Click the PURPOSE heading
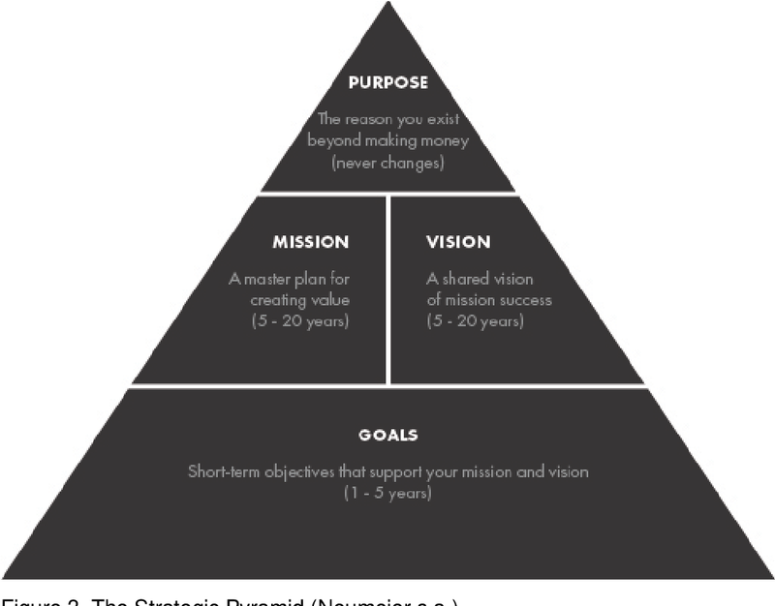[387, 83]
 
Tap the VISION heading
[458, 242]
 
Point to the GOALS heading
[387, 435]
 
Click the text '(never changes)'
[387, 163]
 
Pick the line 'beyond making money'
[387, 141]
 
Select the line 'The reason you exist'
[387, 120]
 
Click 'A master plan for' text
[288, 280]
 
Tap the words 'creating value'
[299, 300]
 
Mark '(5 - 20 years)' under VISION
[475, 320]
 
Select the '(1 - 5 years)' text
[387, 494]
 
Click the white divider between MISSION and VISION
[387, 290]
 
